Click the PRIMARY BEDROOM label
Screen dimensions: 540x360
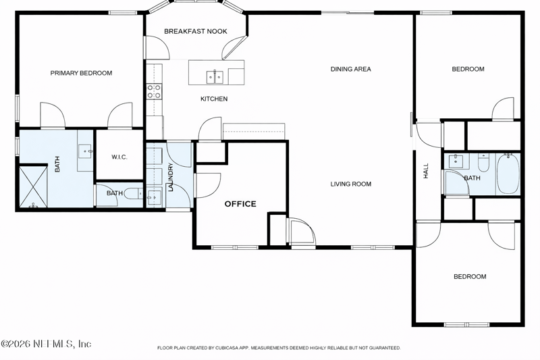[81, 73]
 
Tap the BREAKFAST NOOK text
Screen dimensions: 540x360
[196, 31]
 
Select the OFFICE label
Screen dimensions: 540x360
[240, 204]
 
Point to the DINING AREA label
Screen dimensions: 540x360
[350, 69]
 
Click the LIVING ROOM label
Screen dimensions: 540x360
[350, 184]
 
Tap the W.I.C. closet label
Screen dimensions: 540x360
[119, 157]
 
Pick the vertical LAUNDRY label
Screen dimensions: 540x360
[171, 177]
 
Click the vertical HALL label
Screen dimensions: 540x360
[426, 171]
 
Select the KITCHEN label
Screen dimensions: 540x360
[214, 99]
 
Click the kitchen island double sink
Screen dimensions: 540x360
[215, 77]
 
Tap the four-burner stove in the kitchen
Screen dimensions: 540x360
[154, 91]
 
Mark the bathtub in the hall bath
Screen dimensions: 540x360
[508, 174]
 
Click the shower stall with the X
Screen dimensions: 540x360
[33, 187]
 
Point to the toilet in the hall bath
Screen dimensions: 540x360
[483, 163]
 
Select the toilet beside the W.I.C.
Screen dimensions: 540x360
[133, 193]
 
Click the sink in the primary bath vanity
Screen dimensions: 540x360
[86, 151]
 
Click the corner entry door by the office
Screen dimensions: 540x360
[302, 232]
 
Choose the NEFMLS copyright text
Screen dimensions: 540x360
[46, 344]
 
